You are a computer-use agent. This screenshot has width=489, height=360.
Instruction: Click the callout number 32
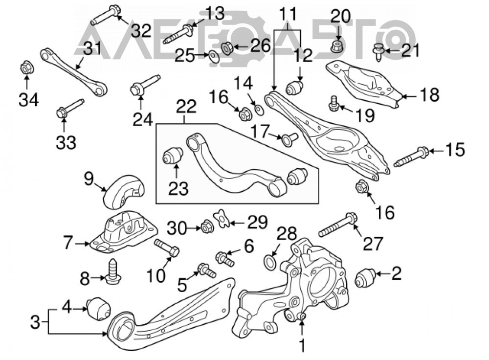click(x=141, y=31)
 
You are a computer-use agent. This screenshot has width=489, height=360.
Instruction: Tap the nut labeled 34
click(x=26, y=67)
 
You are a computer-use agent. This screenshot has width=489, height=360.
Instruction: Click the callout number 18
click(x=429, y=95)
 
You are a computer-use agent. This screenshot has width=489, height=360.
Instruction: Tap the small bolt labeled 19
click(x=333, y=103)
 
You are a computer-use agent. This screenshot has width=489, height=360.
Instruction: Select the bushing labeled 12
click(x=294, y=87)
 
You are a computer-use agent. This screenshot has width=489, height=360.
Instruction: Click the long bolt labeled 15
click(x=411, y=157)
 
